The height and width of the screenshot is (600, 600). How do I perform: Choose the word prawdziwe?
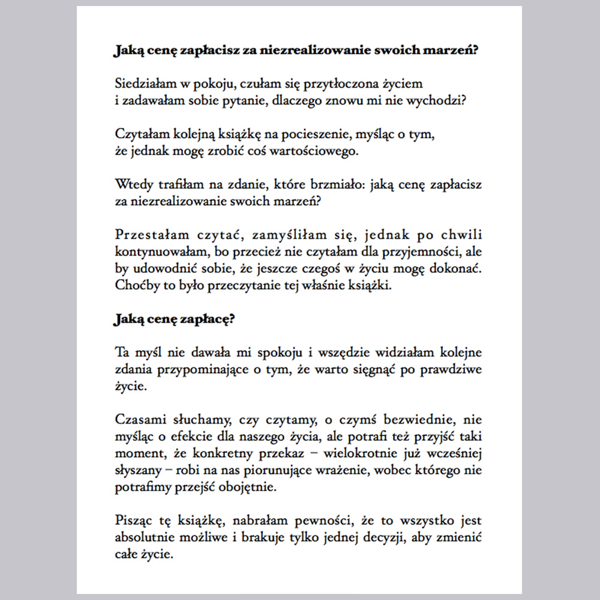pos(449,369)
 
